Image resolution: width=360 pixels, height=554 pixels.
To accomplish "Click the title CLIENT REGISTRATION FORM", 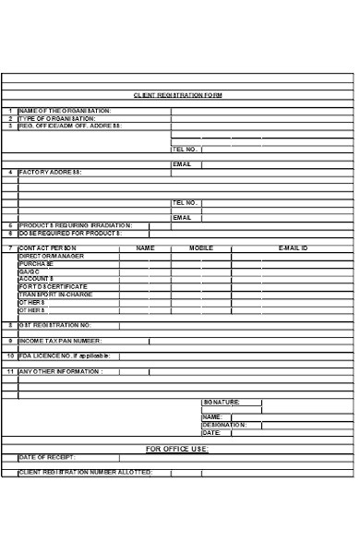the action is (x=178, y=95).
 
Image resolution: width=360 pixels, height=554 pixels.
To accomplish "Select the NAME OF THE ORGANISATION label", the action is (x=65, y=111).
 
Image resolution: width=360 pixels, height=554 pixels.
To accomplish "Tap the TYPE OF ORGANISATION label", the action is (x=57, y=118).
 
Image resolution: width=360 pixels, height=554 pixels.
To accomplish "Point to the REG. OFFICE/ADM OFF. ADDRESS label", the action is (x=69, y=126).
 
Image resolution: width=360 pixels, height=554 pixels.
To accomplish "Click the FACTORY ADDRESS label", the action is (x=51, y=172).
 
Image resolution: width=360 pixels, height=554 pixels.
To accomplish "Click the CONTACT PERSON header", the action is (x=48, y=248).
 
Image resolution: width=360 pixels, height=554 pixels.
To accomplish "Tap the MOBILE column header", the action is (x=201, y=248).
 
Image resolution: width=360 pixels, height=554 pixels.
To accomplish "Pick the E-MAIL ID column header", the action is (x=294, y=248).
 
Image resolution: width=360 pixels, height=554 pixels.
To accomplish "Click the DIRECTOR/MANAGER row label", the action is (x=52, y=256).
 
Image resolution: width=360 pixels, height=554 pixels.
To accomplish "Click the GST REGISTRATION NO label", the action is (x=55, y=325).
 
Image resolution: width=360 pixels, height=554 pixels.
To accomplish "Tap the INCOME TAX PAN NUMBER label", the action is (x=61, y=340).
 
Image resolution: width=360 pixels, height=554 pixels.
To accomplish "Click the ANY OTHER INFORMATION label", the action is (x=61, y=371).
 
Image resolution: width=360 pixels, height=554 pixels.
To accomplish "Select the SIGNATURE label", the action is (x=222, y=402).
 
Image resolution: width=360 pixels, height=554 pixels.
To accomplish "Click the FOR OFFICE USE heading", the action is (x=178, y=449).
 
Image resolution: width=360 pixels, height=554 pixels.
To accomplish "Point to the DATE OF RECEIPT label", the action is (x=47, y=457).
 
